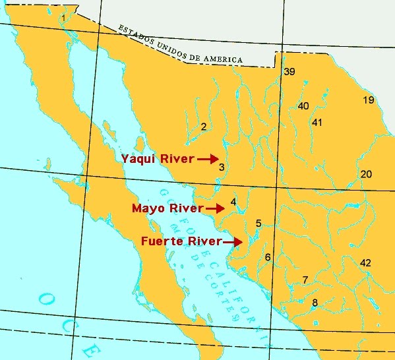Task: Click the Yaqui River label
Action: [158, 159]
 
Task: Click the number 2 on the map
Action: [204, 127]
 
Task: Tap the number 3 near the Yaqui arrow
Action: [222, 167]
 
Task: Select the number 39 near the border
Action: [289, 72]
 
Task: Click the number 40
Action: [303, 106]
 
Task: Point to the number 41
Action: [317, 123]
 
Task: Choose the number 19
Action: [369, 100]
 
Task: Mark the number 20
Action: [367, 174]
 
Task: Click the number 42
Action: [366, 262]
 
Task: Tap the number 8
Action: [315, 303]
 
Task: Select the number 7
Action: [305, 280]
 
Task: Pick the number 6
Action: [268, 257]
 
